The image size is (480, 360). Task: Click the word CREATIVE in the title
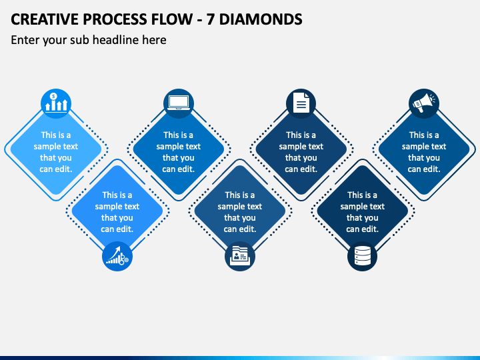(45, 19)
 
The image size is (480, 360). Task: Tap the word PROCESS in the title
(115, 19)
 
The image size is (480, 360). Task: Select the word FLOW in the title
(172, 19)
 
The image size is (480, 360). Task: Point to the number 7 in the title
(210, 19)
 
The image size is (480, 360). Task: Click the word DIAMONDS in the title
(261, 19)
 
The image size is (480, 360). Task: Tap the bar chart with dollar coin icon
(56, 103)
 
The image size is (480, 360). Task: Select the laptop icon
(179, 103)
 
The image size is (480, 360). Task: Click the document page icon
(301, 103)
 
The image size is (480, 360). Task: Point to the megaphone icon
(424, 103)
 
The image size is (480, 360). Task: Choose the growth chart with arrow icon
(117, 256)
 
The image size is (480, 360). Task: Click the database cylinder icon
(363, 256)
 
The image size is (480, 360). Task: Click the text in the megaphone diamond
(424, 152)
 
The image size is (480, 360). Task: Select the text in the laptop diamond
(179, 152)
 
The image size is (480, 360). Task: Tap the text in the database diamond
(363, 212)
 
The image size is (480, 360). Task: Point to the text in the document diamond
(301, 152)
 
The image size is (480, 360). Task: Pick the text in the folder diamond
(240, 212)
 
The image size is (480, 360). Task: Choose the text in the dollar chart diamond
(56, 152)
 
